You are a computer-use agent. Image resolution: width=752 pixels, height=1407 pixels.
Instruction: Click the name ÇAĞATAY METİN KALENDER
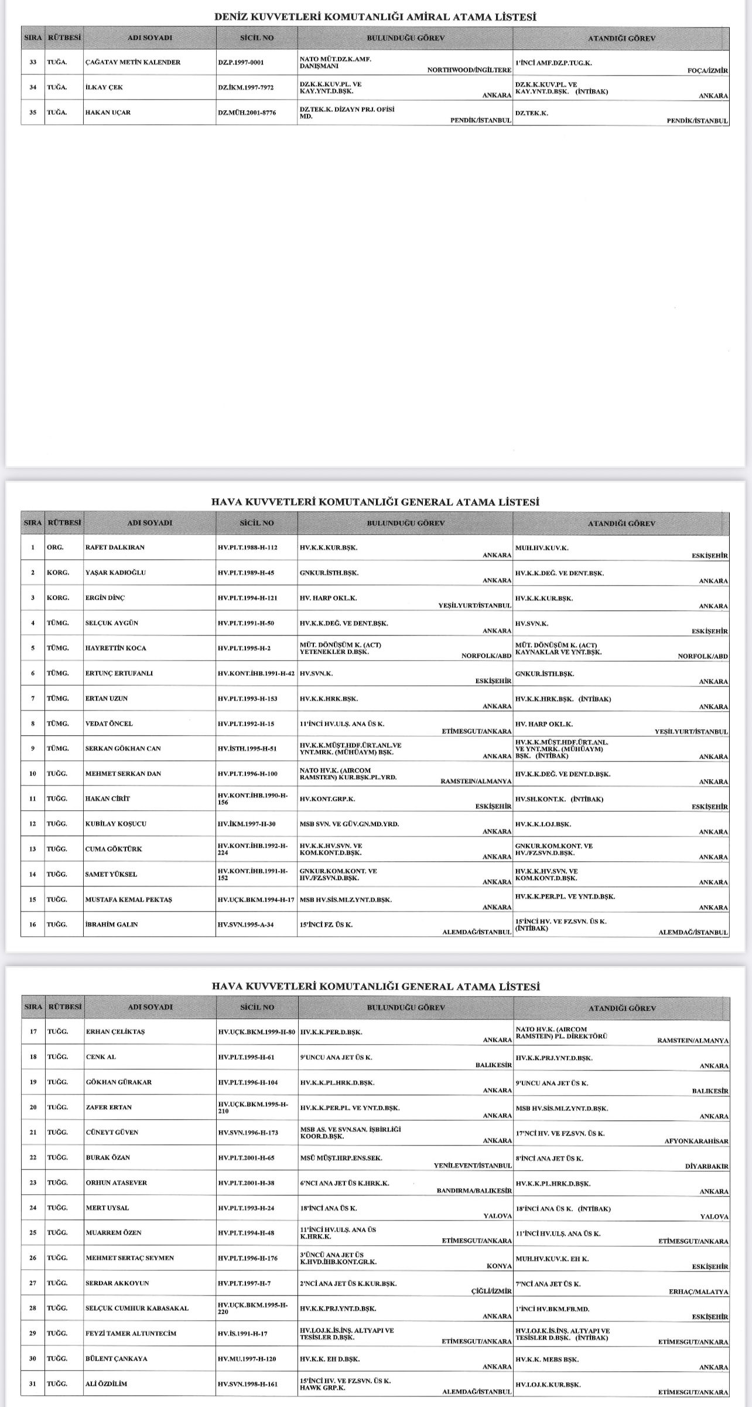pyautogui.click(x=133, y=62)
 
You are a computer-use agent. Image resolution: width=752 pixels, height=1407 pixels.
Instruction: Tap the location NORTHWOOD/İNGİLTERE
pyautogui.click(x=469, y=70)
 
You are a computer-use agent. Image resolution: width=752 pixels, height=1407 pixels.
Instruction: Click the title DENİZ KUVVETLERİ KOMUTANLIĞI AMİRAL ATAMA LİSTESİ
pyautogui.click(x=375, y=18)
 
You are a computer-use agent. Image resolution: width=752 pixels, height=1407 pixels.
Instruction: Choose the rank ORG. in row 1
pyautogui.click(x=55, y=548)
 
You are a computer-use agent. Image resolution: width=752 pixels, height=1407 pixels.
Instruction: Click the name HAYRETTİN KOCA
pyautogui.click(x=116, y=648)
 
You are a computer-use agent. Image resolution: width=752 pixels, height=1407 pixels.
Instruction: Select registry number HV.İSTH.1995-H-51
pyautogui.click(x=247, y=749)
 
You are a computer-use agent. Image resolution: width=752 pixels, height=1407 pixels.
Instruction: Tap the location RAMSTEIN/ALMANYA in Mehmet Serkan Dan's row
pyautogui.click(x=476, y=781)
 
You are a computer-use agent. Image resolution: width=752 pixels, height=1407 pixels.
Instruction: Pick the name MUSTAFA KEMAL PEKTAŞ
pyautogui.click(x=129, y=899)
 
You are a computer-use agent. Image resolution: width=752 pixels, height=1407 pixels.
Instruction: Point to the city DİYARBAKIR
pyautogui.click(x=706, y=1167)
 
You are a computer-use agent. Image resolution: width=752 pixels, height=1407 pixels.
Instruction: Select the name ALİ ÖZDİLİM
pyautogui.click(x=106, y=1384)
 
